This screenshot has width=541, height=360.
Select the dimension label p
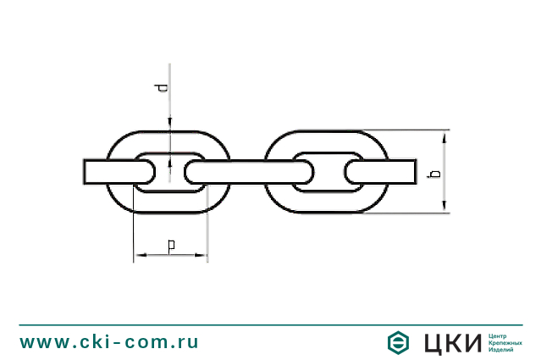click(171, 246)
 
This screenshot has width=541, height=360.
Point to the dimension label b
click(434, 173)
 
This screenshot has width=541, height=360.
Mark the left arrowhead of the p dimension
click(137, 253)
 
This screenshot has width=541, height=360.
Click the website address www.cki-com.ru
click(110, 342)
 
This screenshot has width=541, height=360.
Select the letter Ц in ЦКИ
click(433, 343)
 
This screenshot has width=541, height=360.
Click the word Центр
click(499, 335)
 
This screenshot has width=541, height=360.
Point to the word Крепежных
click(505, 342)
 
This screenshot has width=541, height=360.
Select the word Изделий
click(502, 349)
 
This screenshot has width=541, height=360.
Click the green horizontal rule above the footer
click(270, 324)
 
